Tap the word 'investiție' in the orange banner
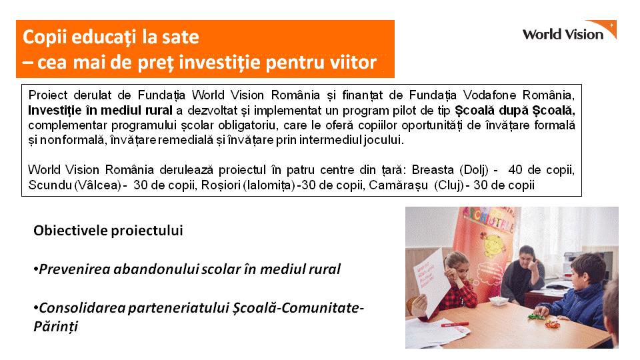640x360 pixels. pos(219,63)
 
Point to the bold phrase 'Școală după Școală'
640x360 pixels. pos(515,111)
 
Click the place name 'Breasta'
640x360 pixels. pos(433,169)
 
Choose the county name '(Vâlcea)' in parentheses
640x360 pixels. pos(97,185)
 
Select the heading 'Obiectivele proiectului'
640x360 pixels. pos(108,231)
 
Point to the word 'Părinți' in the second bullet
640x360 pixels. pos(55,327)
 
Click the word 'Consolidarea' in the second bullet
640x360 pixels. pos(82,308)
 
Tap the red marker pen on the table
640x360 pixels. pos(455,325)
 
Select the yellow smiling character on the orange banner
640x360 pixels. pos(494,245)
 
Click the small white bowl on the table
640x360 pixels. pos(499,301)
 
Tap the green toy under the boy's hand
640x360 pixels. pos(534,316)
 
